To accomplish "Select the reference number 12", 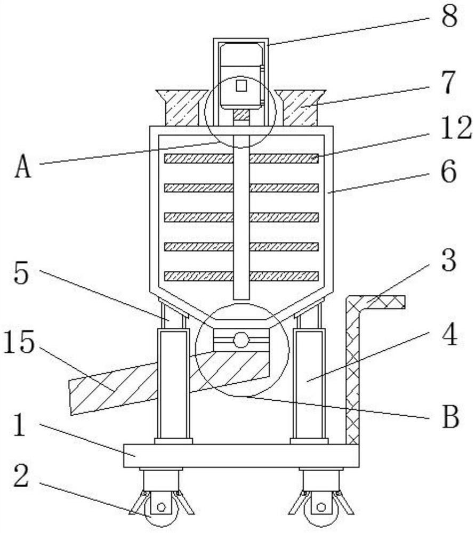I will click(x=456, y=128).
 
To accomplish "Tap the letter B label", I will click(x=450, y=418).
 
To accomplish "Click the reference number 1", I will click(x=19, y=427).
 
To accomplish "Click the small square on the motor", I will click(x=241, y=85).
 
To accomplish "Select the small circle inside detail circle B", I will click(x=241, y=340).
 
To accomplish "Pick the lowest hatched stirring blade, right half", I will click(x=284, y=276).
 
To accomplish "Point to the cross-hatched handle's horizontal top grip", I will click(x=381, y=302).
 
